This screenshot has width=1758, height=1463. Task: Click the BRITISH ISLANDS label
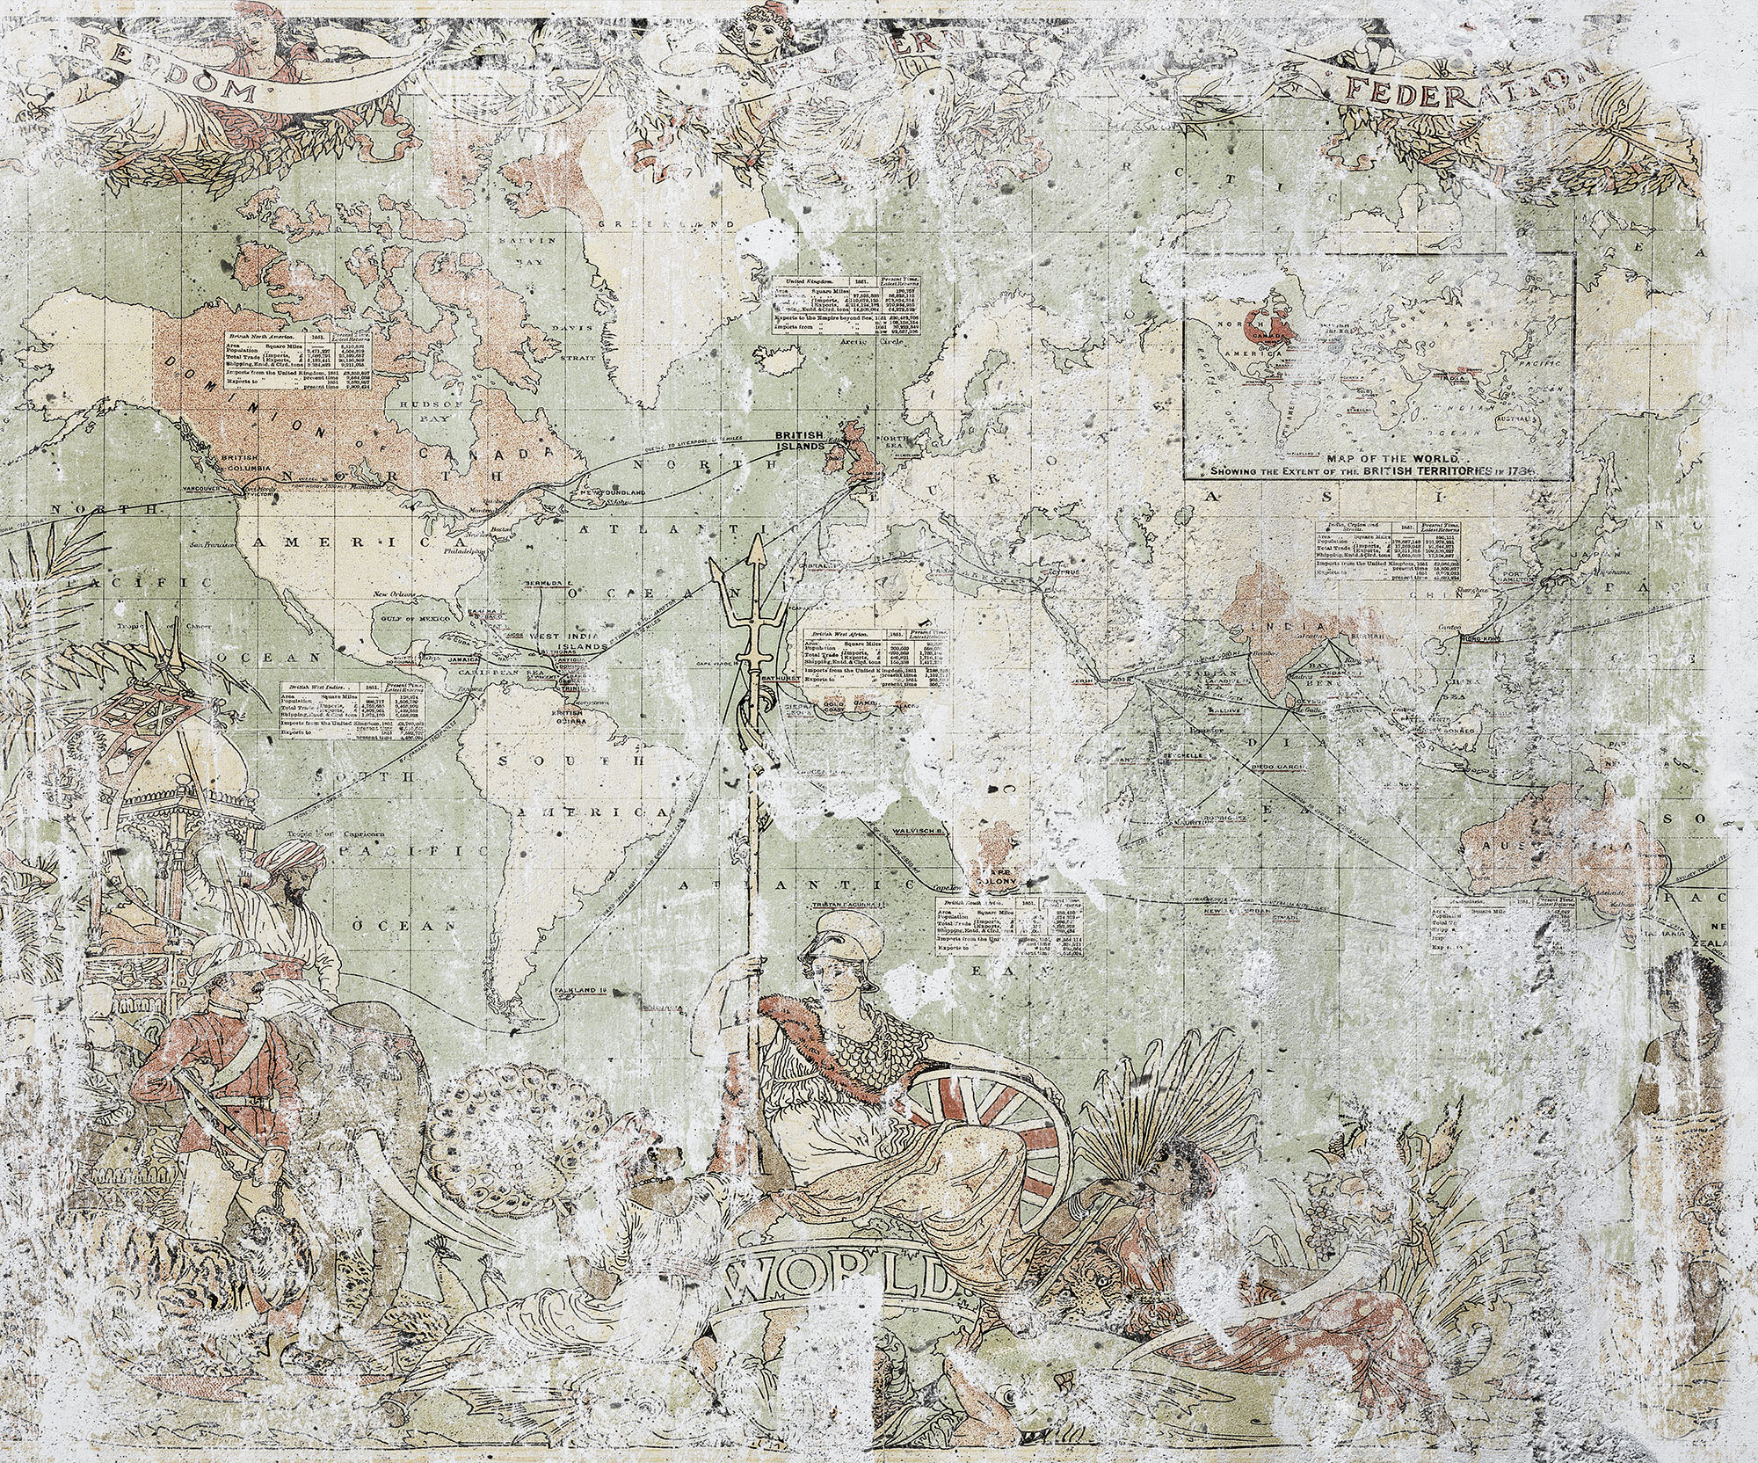coord(799,440)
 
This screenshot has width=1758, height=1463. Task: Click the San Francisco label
coord(212,546)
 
